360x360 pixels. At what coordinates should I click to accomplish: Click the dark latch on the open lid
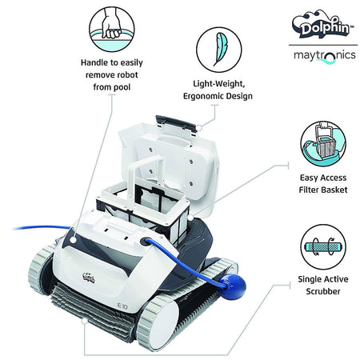point(175,121)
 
